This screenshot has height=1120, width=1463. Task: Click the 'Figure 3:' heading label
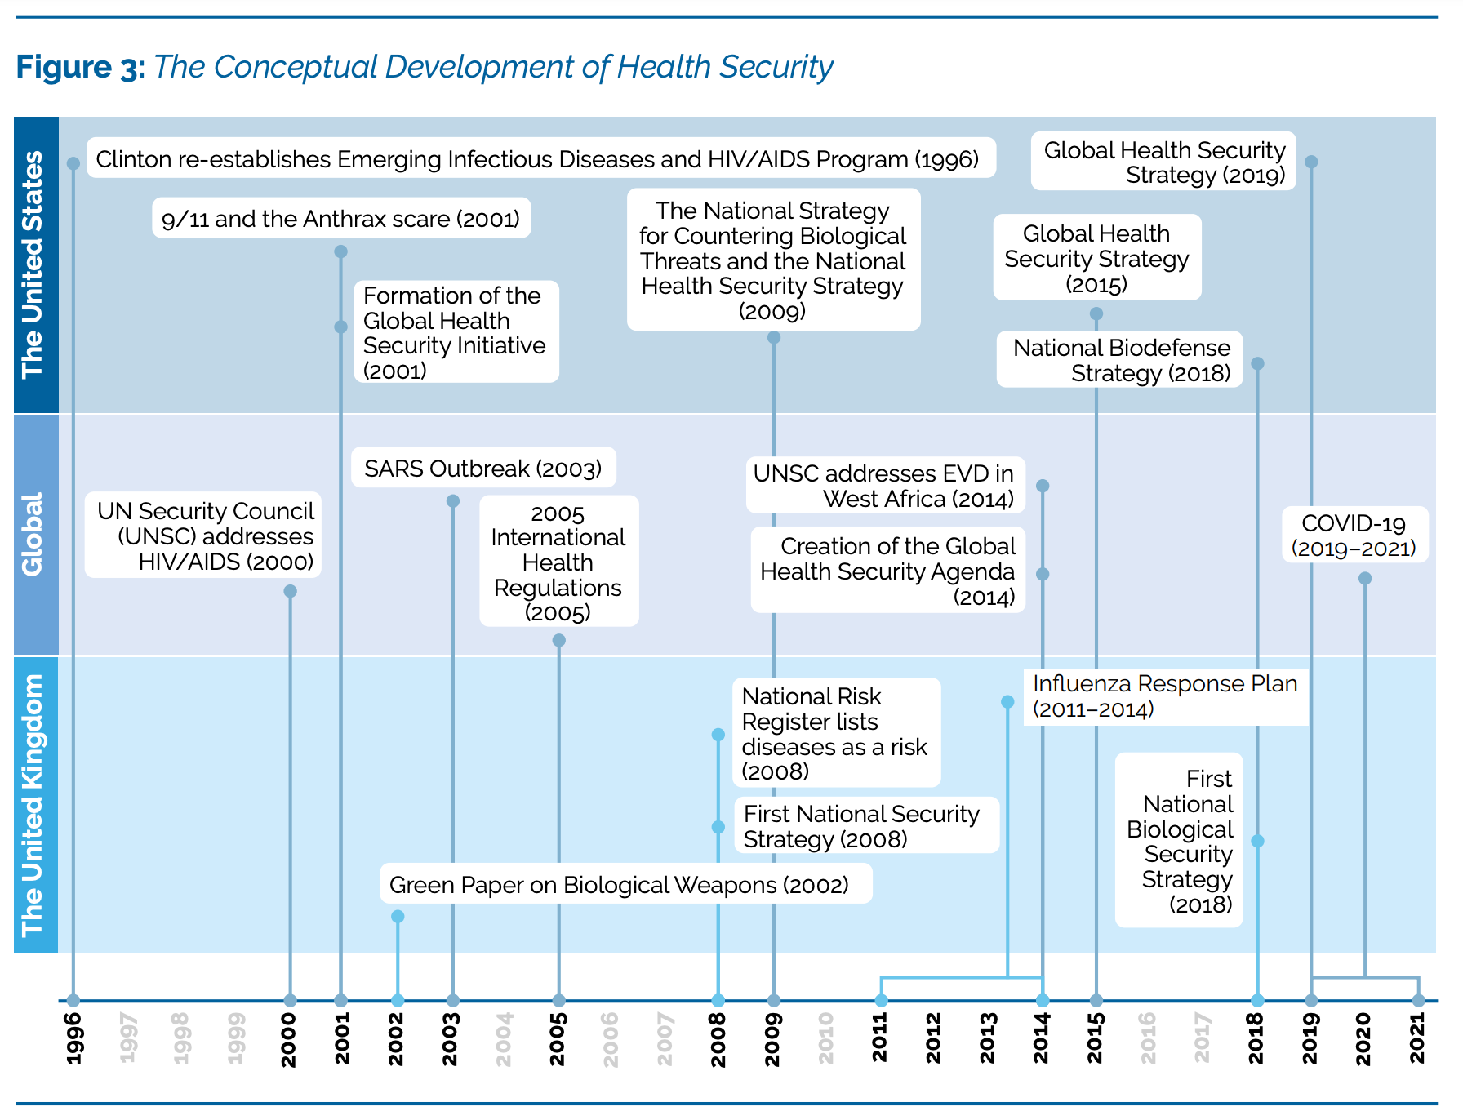[x=80, y=67]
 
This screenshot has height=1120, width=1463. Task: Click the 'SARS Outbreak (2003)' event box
[x=483, y=469]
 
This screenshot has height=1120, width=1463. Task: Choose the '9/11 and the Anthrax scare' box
[x=341, y=219]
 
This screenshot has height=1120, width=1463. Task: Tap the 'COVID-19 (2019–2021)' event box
[x=1354, y=536]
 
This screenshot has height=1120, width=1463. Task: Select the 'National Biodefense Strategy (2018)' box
[x=1120, y=360]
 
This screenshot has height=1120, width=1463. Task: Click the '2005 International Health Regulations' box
[x=558, y=562]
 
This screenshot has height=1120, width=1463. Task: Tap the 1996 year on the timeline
[x=73, y=1038]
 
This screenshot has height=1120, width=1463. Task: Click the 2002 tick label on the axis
[x=397, y=1038]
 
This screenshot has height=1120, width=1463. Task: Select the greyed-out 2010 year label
[x=826, y=1038]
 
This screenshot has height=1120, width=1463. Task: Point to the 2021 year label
[x=1418, y=1038]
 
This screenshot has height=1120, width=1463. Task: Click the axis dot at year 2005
[x=558, y=1000]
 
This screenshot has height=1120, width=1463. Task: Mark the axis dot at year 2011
[x=881, y=1000]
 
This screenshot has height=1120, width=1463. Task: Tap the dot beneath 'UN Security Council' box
[x=290, y=591]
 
